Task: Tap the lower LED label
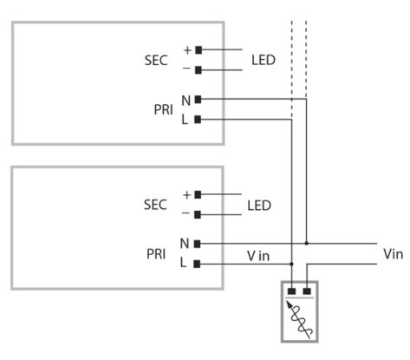[x=259, y=206]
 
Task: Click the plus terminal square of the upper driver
[x=198, y=50]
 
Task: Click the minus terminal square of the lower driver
[x=198, y=214]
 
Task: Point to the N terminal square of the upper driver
[x=198, y=100]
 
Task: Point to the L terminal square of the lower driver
[x=198, y=263]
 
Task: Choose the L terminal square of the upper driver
[x=198, y=119]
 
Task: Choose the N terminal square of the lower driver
[x=198, y=244]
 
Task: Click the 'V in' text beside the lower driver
[x=259, y=255]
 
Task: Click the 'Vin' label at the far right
[x=392, y=255]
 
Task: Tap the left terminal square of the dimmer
[x=293, y=292]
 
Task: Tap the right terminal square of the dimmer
[x=306, y=292]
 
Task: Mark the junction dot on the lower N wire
[x=306, y=244]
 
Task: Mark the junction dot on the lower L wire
[x=293, y=263]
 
